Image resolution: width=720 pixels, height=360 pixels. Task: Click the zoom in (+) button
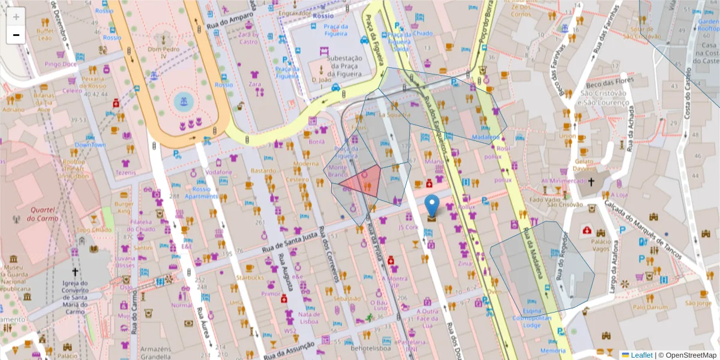16,17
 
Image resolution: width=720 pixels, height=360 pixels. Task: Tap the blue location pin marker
432,205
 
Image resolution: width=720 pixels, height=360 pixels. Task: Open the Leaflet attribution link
641,355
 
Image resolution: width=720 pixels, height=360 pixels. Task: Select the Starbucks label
249,278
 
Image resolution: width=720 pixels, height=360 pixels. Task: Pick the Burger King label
124,208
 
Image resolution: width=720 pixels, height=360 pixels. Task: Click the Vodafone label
218,172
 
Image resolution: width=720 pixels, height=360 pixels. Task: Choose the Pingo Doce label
61,64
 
